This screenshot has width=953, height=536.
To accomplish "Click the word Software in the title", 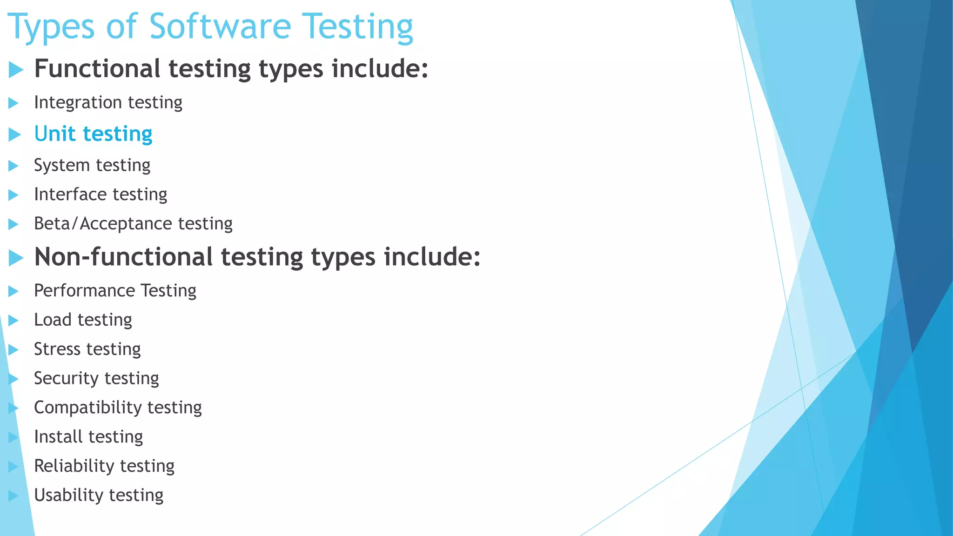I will pyautogui.click(x=220, y=27).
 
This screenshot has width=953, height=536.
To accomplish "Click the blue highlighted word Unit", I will pyautogui.click(x=54, y=134).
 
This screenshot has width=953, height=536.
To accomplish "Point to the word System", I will pyautogui.click(x=61, y=166).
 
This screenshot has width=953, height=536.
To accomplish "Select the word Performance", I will pyautogui.click(x=84, y=291).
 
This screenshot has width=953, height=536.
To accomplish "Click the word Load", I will pyautogui.click(x=53, y=320).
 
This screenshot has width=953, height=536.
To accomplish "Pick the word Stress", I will pyautogui.click(x=57, y=349).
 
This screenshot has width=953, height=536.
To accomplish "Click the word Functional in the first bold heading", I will pyautogui.click(x=97, y=69).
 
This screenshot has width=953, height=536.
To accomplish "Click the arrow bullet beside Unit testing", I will pyautogui.click(x=15, y=135).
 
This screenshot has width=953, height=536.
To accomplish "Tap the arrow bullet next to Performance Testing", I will pyautogui.click(x=13, y=292).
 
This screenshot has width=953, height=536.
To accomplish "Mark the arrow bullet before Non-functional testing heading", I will pyautogui.click(x=16, y=258).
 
